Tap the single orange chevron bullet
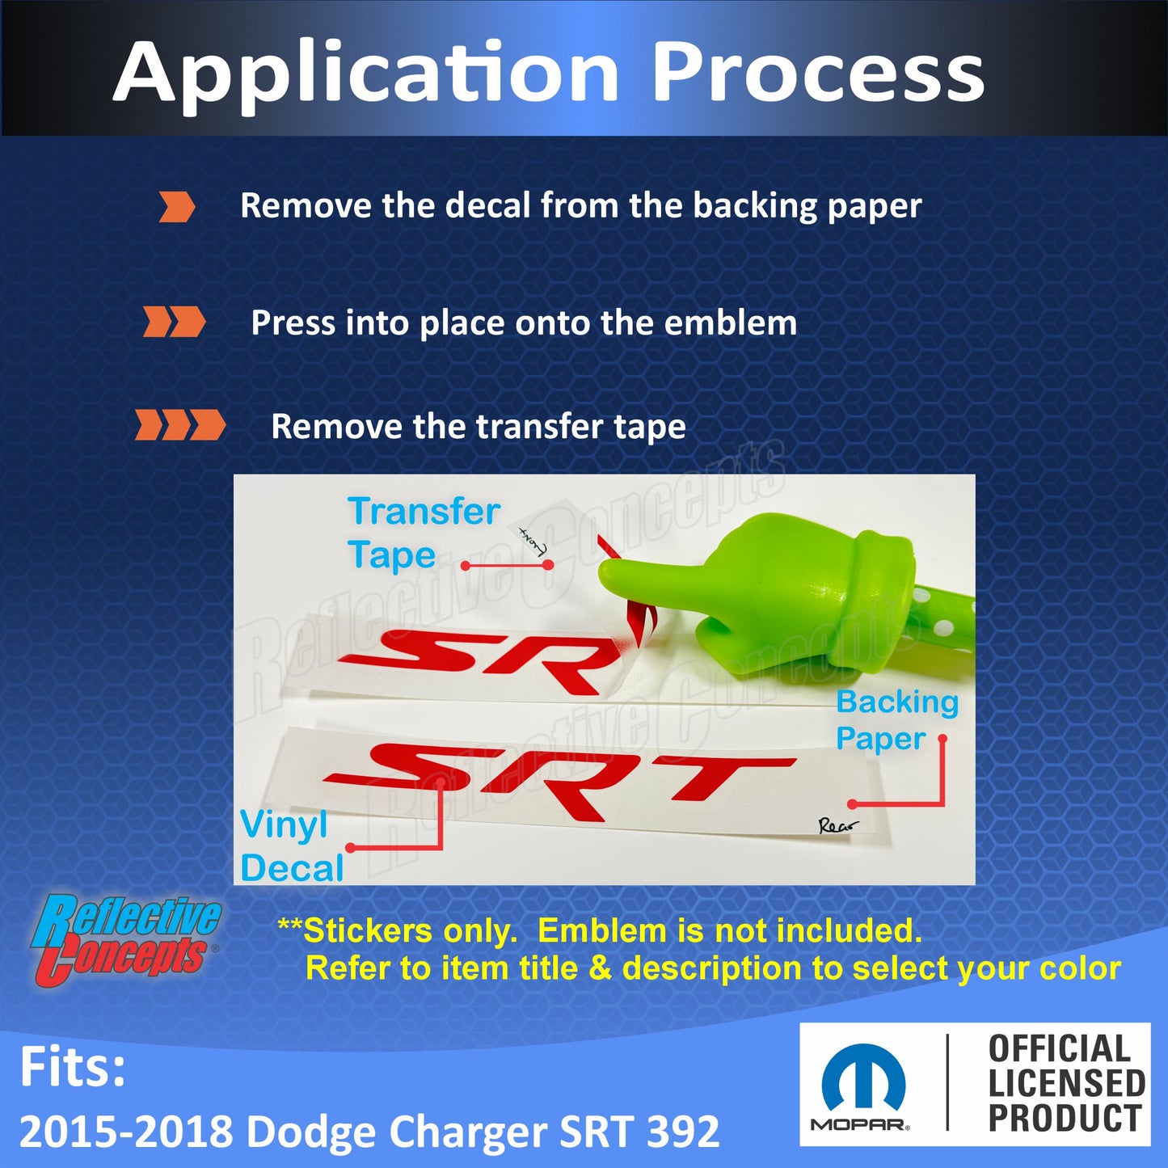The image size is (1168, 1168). pyautogui.click(x=176, y=207)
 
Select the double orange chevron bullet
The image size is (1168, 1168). pyautogui.click(x=174, y=322)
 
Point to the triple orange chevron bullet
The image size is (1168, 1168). pyautogui.click(x=179, y=425)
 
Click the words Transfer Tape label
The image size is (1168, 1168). pyautogui.click(x=423, y=533)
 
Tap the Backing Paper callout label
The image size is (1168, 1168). pyautogui.click(x=896, y=719)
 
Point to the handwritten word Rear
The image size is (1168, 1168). pyautogui.click(x=837, y=826)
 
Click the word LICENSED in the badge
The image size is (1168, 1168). pyautogui.click(x=1066, y=1084)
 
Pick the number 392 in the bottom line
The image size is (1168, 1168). pyautogui.click(x=683, y=1132)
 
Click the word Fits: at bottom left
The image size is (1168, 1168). pyautogui.click(x=73, y=1068)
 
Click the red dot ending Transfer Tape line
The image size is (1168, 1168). pyautogui.click(x=548, y=565)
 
